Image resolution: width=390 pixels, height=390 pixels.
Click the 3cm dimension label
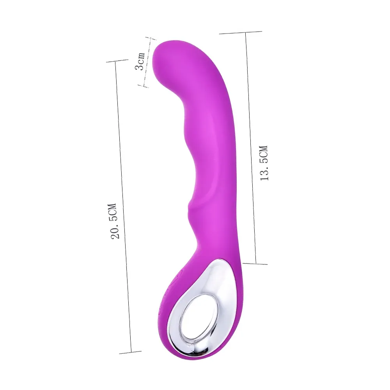click(x=140, y=61)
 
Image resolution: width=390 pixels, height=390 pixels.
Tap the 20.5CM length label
click(x=115, y=221)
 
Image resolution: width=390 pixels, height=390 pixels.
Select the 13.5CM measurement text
click(x=264, y=163)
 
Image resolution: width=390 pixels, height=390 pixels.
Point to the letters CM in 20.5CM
click(x=113, y=209)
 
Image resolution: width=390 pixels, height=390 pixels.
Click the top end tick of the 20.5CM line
click(x=117, y=61)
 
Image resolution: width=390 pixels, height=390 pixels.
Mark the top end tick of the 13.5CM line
click(x=240, y=33)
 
